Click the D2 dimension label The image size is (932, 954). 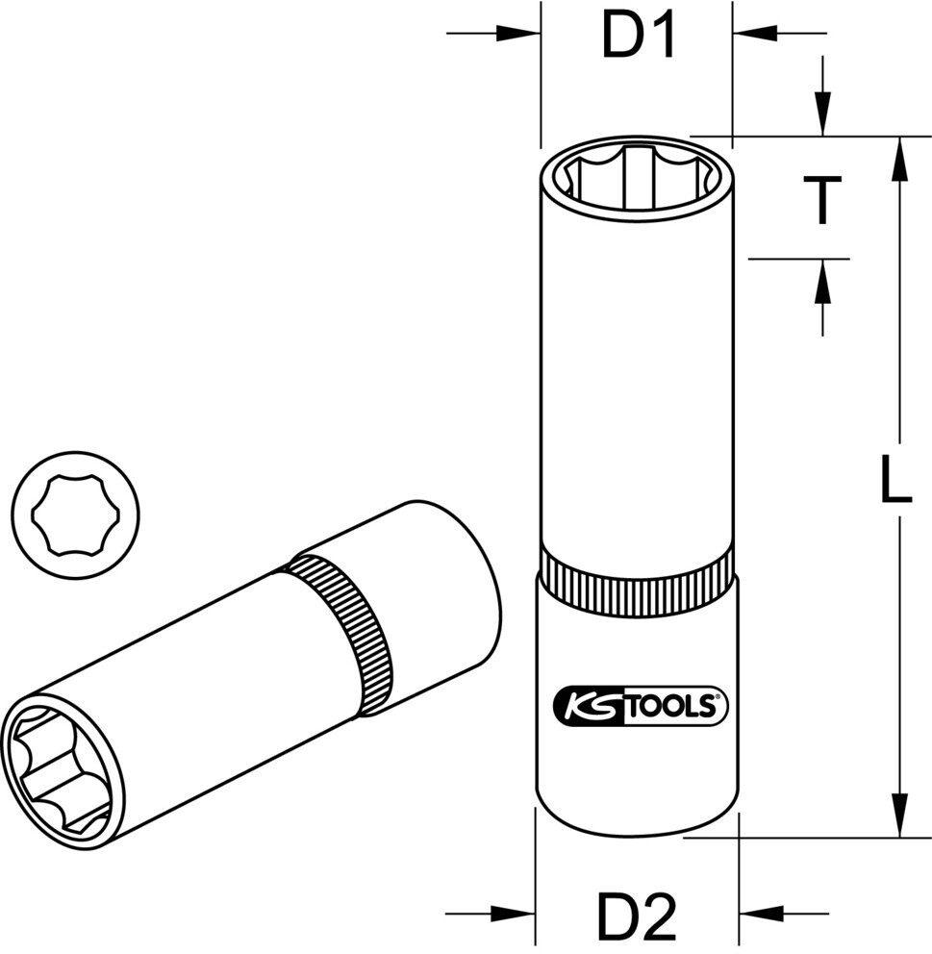637,916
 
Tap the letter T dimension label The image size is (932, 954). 822,200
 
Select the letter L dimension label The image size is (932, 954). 895,481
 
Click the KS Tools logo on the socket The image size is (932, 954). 640,707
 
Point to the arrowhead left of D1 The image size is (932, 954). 519,34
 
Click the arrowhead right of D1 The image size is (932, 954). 754,34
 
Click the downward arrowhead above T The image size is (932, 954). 822,113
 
